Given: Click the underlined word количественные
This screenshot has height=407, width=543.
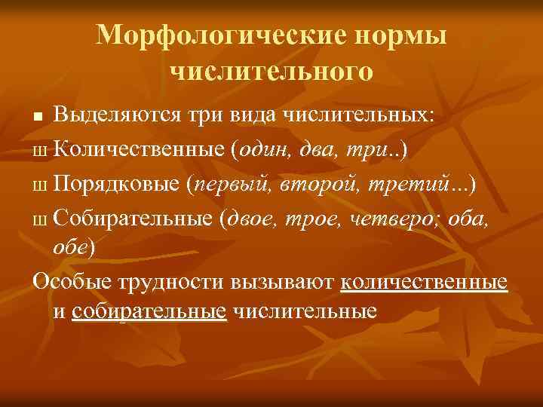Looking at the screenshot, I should [x=424, y=283].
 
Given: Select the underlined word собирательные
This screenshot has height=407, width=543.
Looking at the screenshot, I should [x=150, y=311].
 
